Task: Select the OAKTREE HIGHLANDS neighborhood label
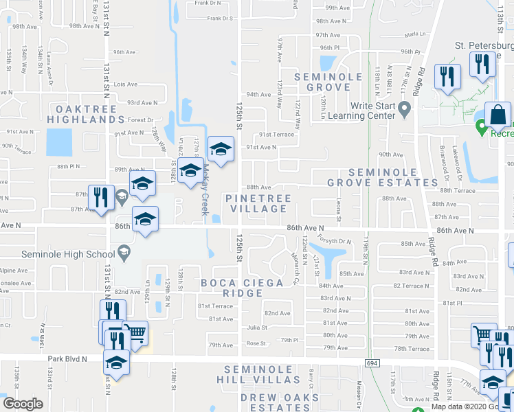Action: (x=80, y=114)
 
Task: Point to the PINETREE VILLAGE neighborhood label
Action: (x=258, y=203)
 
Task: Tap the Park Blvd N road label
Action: (x=67, y=358)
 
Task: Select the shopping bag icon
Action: (x=498, y=113)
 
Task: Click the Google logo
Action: (x=23, y=403)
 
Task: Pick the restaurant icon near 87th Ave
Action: (x=101, y=196)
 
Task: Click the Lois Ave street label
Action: (x=126, y=84)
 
